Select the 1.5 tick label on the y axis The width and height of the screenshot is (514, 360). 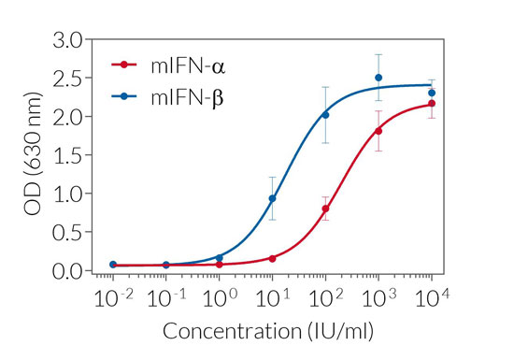tap(68, 155)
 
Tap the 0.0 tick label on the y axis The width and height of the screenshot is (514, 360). tap(68, 271)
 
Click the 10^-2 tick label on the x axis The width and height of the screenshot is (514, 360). tap(112, 298)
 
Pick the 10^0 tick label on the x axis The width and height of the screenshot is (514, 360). tap(220, 298)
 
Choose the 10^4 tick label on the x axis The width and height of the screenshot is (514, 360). tap(431, 298)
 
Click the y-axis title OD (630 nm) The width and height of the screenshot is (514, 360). tap(32, 155)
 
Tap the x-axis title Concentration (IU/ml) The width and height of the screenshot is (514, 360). tap(271, 332)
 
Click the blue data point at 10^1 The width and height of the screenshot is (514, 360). tap(273, 198)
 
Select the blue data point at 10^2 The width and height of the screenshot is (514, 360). tap(325, 115)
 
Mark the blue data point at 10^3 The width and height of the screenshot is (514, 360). tap(378, 78)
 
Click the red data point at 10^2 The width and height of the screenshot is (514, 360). tap(325, 209)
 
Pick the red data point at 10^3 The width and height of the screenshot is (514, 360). tap(378, 131)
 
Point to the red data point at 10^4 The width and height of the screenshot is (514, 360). tap(432, 104)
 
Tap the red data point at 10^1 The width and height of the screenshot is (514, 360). tap(273, 258)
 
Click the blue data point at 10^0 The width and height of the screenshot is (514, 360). tap(220, 257)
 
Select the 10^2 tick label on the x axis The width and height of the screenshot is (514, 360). tap(325, 298)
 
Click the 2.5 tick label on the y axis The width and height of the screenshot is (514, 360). tap(68, 79)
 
